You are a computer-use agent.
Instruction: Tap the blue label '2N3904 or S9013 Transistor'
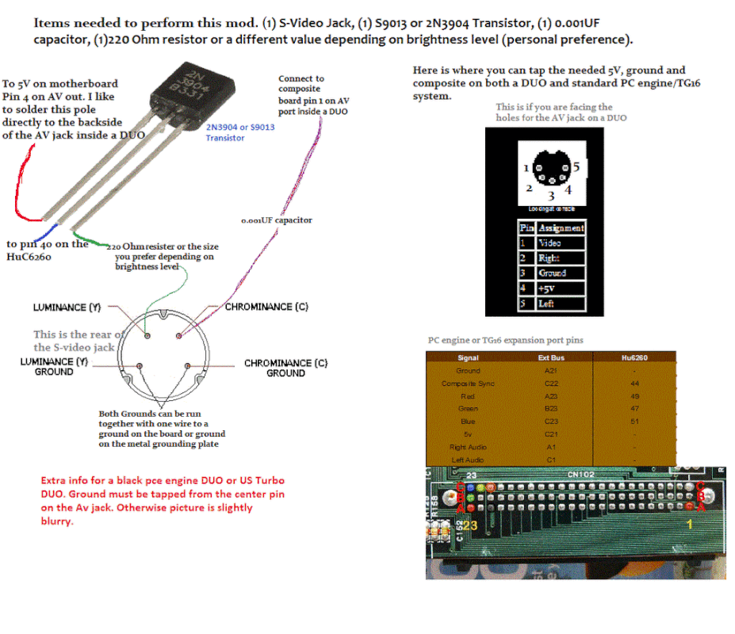pyautogui.click(x=240, y=132)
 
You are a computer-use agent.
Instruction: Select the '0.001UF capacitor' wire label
pyautogui.click(x=277, y=220)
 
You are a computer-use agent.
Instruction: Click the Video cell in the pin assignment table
pyautogui.click(x=550, y=243)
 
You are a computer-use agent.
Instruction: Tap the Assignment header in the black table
pyautogui.click(x=561, y=228)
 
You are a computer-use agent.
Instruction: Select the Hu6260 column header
pyautogui.click(x=635, y=357)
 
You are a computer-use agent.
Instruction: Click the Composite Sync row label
pyautogui.click(x=468, y=384)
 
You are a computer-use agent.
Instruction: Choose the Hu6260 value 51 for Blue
pyautogui.click(x=635, y=422)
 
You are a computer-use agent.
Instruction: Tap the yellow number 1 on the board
pyautogui.click(x=689, y=524)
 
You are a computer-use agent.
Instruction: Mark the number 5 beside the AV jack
pyautogui.click(x=577, y=167)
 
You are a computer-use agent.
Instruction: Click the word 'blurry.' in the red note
pyautogui.click(x=56, y=521)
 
